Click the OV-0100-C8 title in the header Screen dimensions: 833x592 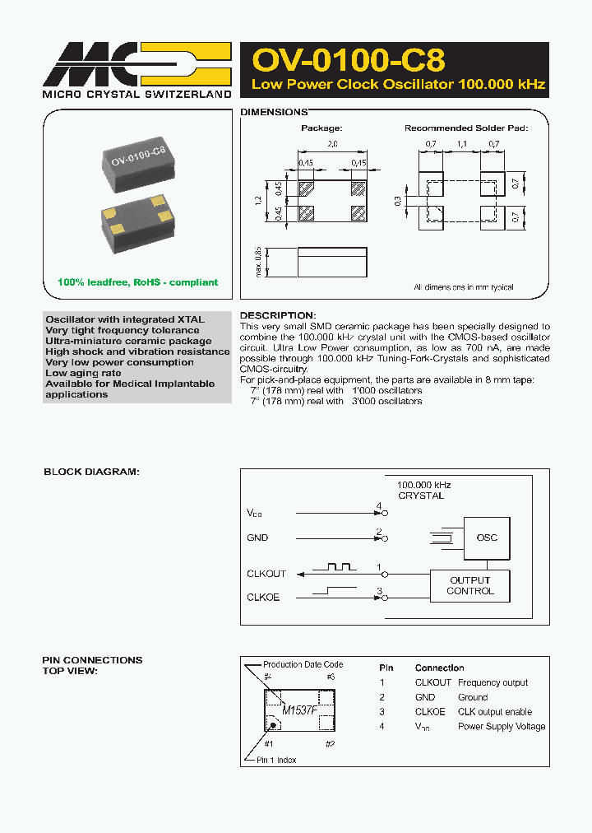[349, 61]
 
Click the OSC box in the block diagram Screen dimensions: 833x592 [487, 537]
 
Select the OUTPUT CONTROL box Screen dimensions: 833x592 [470, 585]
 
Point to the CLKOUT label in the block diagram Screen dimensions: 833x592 [266, 574]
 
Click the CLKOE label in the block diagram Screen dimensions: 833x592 [263, 597]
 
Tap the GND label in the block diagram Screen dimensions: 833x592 [257, 537]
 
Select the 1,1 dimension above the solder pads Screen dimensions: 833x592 [461, 143]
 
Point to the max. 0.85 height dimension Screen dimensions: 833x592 [257, 263]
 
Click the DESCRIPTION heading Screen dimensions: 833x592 [277, 315]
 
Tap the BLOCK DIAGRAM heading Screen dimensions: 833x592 [91, 472]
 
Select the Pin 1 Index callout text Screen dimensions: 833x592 [278, 760]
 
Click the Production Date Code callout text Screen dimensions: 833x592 [303, 664]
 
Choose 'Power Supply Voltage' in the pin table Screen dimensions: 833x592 [502, 726]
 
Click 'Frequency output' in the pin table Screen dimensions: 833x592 [493, 682]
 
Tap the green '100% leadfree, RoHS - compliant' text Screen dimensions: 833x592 [137, 282]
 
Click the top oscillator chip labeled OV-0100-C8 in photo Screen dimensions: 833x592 [137, 158]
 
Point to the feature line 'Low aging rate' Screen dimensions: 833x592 [83, 373]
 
